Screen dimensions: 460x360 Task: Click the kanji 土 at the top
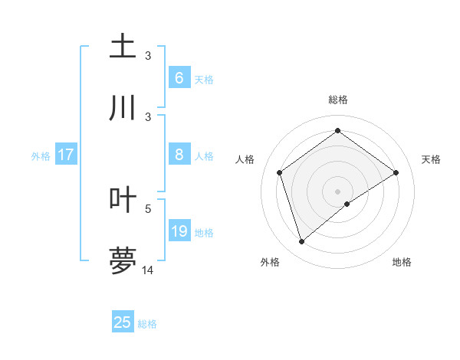click(x=123, y=47)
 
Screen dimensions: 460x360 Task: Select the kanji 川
click(x=123, y=108)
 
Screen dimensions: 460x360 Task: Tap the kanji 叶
click(x=123, y=200)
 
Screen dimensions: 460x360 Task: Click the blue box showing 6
click(x=179, y=77)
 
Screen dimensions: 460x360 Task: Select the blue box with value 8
click(x=179, y=155)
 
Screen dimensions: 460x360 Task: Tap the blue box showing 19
click(x=179, y=231)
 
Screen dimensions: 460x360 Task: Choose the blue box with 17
click(x=65, y=155)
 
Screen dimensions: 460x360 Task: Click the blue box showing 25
click(x=122, y=322)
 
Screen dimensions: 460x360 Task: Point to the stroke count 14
click(x=148, y=270)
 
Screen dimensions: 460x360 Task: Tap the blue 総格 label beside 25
click(x=147, y=324)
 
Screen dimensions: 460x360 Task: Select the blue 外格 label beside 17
click(x=41, y=156)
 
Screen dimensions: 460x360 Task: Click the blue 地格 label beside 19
click(x=204, y=233)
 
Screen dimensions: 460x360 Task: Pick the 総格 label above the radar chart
click(x=338, y=100)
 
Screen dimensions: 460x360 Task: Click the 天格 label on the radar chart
click(x=431, y=159)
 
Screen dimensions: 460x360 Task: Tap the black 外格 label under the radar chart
click(x=269, y=262)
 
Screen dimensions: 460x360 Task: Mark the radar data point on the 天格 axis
click(x=396, y=172)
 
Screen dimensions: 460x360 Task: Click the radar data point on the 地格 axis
click(x=347, y=204)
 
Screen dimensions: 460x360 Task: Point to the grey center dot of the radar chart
click(x=338, y=191)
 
